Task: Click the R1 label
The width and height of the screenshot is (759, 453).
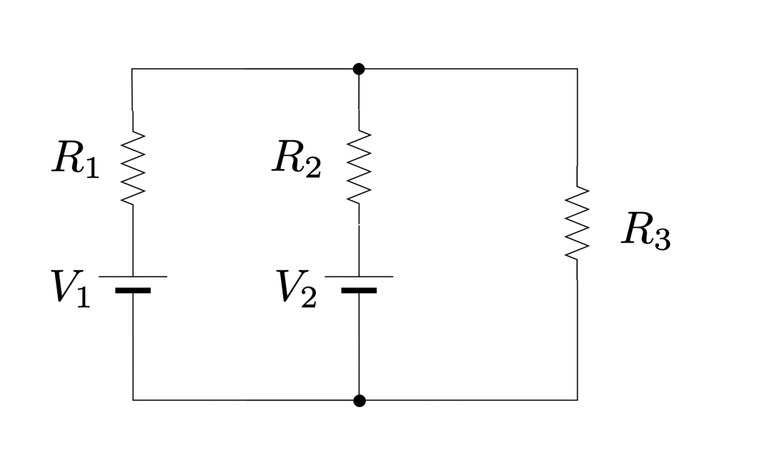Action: [x=76, y=160]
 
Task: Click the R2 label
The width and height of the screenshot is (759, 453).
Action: [x=296, y=160]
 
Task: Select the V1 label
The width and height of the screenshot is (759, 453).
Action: [x=71, y=288]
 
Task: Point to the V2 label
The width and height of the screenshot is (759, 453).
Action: [x=297, y=288]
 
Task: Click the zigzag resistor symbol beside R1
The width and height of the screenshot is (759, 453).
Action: [x=133, y=168]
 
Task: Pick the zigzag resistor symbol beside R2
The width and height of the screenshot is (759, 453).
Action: [x=359, y=168]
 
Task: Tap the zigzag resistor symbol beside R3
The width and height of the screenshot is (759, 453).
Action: [x=577, y=222]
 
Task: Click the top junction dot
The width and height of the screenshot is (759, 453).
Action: [x=359, y=69]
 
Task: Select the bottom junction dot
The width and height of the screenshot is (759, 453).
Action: [x=359, y=401]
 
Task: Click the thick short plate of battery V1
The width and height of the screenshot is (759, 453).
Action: [x=133, y=291]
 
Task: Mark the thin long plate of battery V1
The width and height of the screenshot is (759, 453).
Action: [x=133, y=276]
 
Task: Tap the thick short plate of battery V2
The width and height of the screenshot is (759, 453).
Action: [x=359, y=291]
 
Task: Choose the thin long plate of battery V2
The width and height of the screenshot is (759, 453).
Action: [x=359, y=276]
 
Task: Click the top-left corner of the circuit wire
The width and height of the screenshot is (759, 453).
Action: [x=132, y=69]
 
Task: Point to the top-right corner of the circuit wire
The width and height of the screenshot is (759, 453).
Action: [x=577, y=69]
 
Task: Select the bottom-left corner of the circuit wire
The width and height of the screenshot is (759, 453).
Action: [x=133, y=400]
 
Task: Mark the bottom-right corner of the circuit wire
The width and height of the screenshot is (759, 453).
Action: [x=577, y=400]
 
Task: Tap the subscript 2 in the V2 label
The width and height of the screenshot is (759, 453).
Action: [x=308, y=297]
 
